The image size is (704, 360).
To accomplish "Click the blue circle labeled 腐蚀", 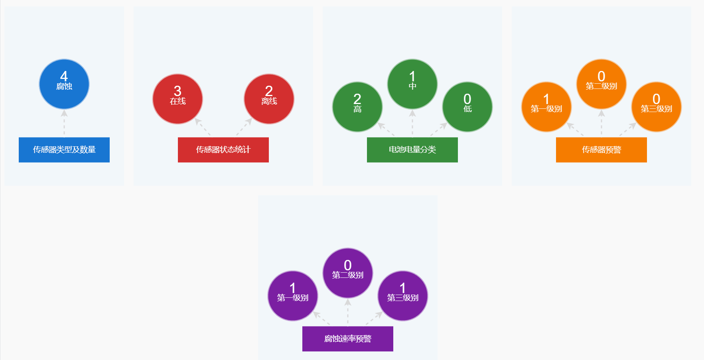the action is pos(64,84).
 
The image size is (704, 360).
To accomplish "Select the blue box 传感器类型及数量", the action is pos(64,150).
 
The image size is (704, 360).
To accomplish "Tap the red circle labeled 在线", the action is pos(177,99).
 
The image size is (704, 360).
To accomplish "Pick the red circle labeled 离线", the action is pos(269,99).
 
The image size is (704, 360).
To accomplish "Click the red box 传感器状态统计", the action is pos(223,150).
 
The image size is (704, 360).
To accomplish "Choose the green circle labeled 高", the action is pos(357,107).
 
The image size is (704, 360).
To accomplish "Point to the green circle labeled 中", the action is pos(412,84).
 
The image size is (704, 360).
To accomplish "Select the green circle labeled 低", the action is pos(467,107).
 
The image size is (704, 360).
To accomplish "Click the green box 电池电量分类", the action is pos(412,150).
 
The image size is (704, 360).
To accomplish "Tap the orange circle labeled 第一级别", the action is pos(546,107).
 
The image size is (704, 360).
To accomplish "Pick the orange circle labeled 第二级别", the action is pos(601,84).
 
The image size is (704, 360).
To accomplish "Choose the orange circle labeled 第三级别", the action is pos(656,107).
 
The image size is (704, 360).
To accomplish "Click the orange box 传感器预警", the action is pos(601,150).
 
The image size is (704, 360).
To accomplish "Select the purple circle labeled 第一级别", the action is pos(292,296).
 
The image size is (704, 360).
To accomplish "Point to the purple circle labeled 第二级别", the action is pos(347,273).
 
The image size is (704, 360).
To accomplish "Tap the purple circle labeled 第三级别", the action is pos(402,296).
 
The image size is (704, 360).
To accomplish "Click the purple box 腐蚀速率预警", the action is pos(347,338).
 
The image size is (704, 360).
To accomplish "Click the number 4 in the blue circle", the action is pos(64,76).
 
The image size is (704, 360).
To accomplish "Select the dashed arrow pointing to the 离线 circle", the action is pos(244,127).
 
